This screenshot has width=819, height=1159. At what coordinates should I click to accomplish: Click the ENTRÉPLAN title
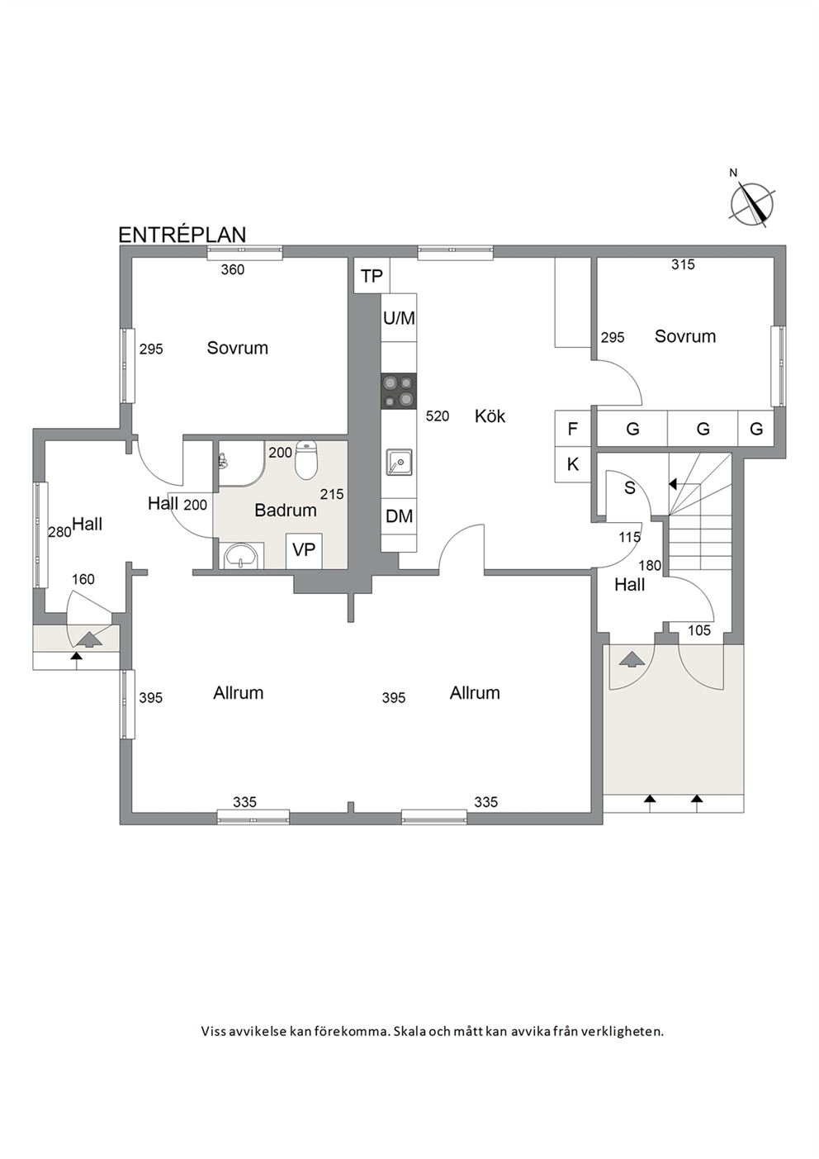pos(182,235)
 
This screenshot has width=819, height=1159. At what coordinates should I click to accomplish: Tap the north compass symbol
pos(751,202)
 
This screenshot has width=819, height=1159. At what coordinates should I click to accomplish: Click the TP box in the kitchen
pos(372,276)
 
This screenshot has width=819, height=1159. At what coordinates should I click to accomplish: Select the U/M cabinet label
pos(399,318)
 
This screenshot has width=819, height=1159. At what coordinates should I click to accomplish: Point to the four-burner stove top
pos(399,391)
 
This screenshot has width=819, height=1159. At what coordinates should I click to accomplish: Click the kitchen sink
pos(399,462)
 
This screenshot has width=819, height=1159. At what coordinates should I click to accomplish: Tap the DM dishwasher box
pos(399,515)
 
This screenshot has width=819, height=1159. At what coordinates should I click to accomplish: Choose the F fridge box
pos(573,429)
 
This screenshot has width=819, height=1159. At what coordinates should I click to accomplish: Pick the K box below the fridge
pos(573,464)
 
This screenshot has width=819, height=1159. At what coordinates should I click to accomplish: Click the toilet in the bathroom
pos(305,458)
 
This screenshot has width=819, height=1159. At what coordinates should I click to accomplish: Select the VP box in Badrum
pos(304,550)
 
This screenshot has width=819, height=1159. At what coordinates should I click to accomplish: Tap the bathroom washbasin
pos(241,556)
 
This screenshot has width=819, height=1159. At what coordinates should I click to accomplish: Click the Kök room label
pos(490,416)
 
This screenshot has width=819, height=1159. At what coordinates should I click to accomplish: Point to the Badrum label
pos(286,511)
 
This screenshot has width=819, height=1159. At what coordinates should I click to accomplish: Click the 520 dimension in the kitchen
pos(438,416)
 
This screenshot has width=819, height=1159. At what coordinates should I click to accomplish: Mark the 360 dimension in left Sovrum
pos(233,269)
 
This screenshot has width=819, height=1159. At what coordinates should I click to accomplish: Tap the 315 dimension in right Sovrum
pos(683,264)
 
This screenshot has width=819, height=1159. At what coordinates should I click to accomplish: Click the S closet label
pos(630,487)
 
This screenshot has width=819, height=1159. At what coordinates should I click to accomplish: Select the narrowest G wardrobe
pos(756,429)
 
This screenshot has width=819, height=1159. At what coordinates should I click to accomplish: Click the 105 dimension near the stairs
pos(699,630)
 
